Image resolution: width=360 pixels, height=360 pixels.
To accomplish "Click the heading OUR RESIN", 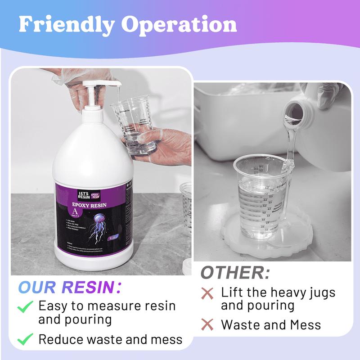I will tap(69, 287).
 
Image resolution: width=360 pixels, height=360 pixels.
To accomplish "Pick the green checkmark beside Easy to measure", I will tap(25, 307).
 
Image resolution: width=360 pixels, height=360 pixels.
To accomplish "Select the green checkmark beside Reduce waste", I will tap(25, 339).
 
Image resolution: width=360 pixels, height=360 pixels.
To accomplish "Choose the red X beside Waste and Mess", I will tap(207, 324).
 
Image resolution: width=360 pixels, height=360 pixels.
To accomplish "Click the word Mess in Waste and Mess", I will tap(305, 324).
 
